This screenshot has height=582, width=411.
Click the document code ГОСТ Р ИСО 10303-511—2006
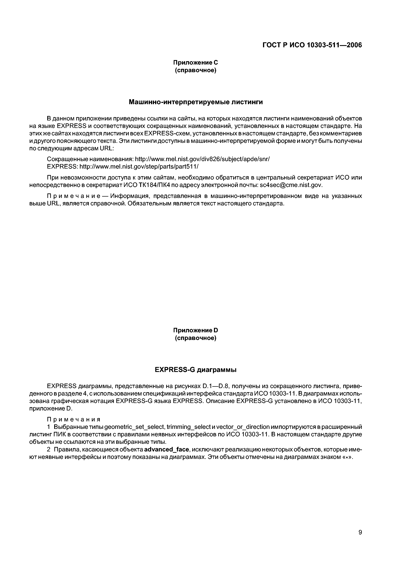[312, 45]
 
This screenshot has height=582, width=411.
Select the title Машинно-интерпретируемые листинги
[196, 102]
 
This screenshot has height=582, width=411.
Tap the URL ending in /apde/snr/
[202, 159]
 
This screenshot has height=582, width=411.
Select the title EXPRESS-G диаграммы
[196, 370]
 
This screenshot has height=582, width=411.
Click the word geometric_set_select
[135, 427]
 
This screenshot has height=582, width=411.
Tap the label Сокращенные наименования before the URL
[90, 159]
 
